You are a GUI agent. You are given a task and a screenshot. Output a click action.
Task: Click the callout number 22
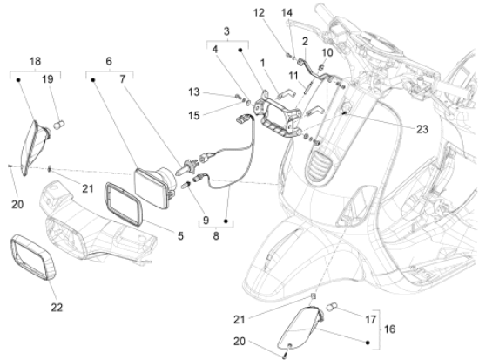[57, 307]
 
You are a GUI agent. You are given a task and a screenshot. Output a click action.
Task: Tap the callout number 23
[422, 129]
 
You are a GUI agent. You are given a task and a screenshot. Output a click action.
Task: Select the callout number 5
[180, 235]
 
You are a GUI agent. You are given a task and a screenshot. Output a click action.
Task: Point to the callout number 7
[123, 79]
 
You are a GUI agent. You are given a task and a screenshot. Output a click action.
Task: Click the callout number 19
[47, 79]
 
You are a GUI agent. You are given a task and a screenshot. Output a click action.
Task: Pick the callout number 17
[370, 320]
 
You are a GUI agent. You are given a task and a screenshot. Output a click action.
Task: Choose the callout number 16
[389, 329]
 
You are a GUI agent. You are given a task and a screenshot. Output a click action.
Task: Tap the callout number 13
[193, 92]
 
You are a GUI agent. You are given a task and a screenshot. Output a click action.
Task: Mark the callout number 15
[193, 116]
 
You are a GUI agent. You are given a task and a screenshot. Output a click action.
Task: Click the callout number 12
[259, 13]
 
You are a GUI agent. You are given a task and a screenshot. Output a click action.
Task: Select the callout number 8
[216, 236]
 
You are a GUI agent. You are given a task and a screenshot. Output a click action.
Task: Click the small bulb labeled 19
[59, 125]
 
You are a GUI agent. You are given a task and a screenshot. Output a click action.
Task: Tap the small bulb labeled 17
[332, 307]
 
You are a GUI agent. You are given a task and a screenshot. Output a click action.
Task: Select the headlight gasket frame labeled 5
[124, 204]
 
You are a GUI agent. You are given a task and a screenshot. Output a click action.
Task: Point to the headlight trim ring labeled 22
[33, 257]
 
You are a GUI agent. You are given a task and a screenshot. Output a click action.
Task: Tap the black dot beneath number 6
[93, 80]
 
